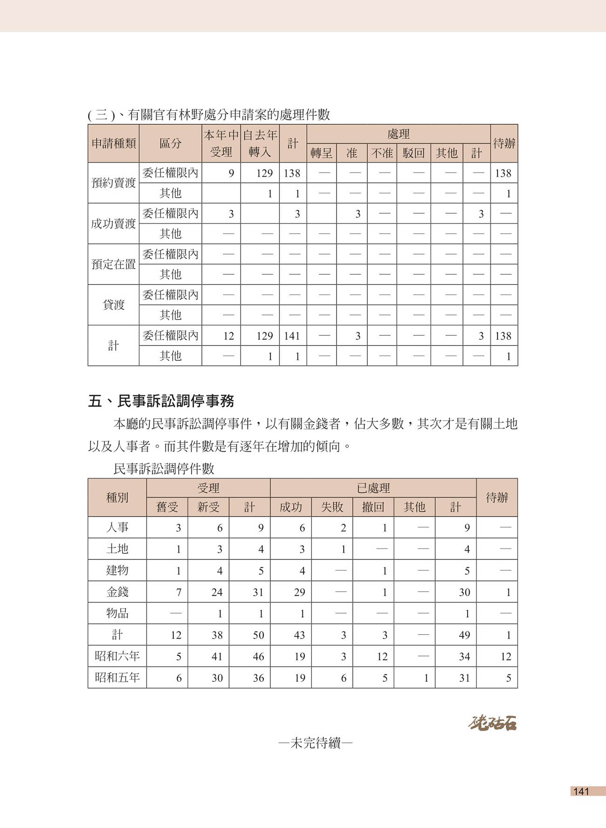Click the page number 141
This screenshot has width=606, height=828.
pos(581,791)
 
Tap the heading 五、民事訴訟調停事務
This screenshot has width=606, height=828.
pos(161,401)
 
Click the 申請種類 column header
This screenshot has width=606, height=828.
pos(113,143)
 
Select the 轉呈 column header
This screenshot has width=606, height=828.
pos(321,153)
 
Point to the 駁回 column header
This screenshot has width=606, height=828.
pos(413,153)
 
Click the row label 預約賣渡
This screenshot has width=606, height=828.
pos(113,183)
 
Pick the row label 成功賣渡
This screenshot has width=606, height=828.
pos(113,224)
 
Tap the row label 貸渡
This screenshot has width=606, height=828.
pos(113,305)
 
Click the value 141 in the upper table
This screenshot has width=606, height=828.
pos(292,336)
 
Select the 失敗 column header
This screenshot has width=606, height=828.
pos(332,507)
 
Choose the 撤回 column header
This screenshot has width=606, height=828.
pos(373,507)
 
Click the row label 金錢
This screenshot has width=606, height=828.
pos(117,592)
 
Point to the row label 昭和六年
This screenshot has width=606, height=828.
pos(117,656)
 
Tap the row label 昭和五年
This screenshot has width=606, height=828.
pos(117,678)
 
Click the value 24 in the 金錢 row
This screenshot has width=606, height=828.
pos(217,592)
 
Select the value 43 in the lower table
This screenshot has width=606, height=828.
pos(299,635)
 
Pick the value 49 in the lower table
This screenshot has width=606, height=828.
pos(464,635)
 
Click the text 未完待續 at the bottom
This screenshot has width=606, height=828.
pos(315,743)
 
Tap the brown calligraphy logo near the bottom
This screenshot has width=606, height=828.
pos(492,723)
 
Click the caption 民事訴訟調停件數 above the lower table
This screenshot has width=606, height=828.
pos(164,468)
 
